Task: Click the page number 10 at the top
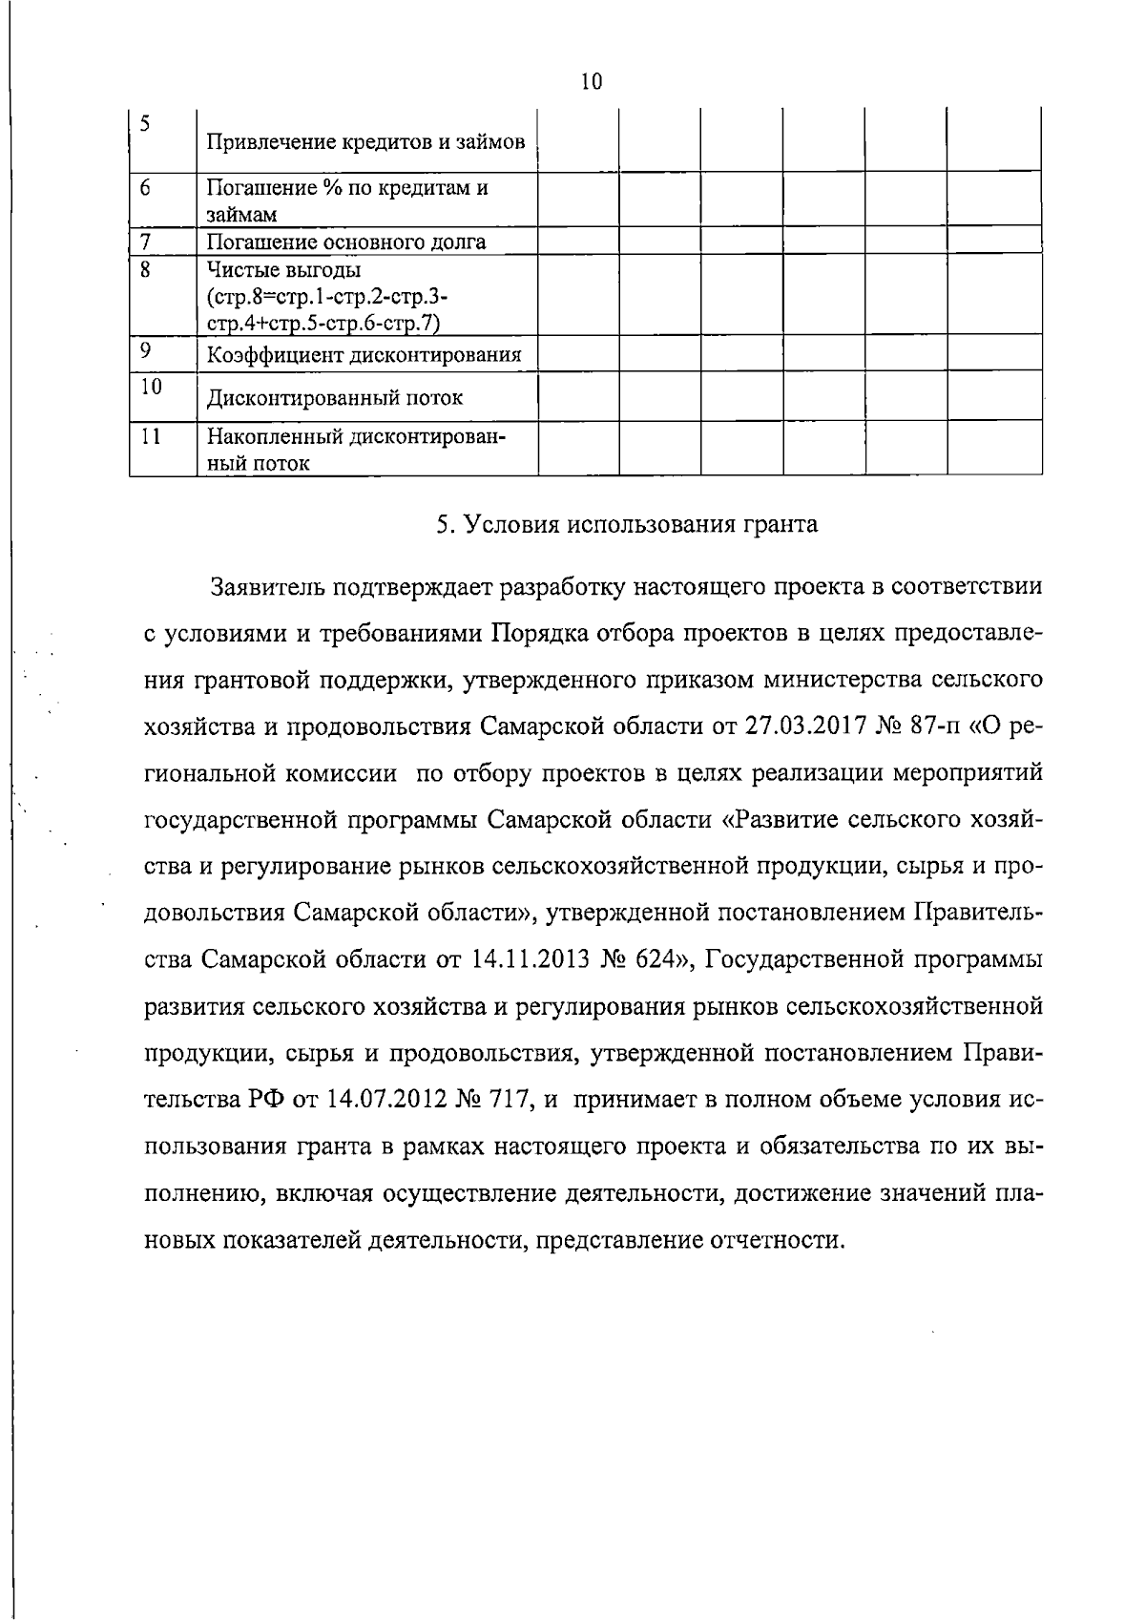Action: (x=591, y=82)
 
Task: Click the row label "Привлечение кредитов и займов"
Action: (x=366, y=143)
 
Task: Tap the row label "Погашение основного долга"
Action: (x=346, y=242)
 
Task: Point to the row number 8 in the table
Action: (x=146, y=270)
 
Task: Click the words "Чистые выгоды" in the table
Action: (x=283, y=270)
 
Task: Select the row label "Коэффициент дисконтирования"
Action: (x=364, y=356)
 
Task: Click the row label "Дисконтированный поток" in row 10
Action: (x=335, y=397)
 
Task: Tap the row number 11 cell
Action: (x=149, y=437)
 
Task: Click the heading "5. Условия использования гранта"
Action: (x=626, y=525)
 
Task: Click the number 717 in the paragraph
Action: (x=507, y=1100)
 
